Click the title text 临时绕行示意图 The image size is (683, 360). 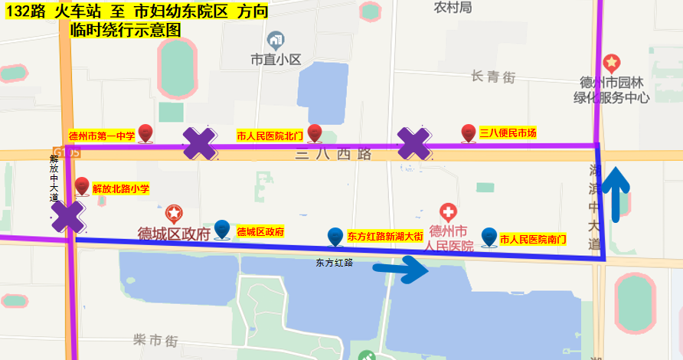[125, 31]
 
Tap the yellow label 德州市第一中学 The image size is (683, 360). [102, 136]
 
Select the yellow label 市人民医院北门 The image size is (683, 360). [270, 136]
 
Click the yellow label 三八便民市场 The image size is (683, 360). [508, 133]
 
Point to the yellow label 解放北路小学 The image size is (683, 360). [120, 188]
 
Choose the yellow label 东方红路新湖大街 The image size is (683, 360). [384, 236]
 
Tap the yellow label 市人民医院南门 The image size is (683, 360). [532, 239]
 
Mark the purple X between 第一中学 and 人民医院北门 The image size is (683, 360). [199, 143]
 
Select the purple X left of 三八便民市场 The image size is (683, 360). [413, 143]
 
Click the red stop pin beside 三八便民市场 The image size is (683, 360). [469, 133]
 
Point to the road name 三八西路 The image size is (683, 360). [334, 155]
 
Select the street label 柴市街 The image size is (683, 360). [155, 339]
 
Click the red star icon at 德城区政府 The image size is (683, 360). [175, 213]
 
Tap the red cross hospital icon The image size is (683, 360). [448, 211]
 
